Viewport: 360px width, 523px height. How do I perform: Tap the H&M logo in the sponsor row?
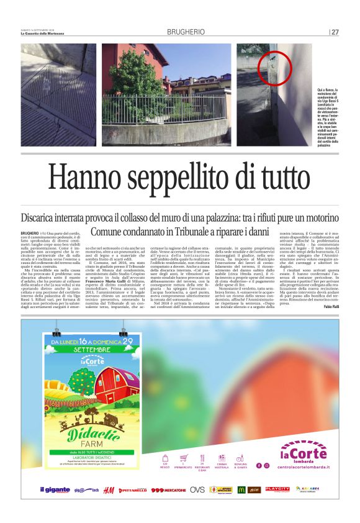[x=108, y=490]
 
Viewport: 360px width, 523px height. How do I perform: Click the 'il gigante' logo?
[x=55, y=490]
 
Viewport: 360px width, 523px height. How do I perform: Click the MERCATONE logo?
[x=168, y=490]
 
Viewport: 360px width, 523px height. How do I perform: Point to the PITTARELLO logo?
[x=134, y=490]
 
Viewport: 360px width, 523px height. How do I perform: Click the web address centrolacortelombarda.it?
[x=304, y=466]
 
